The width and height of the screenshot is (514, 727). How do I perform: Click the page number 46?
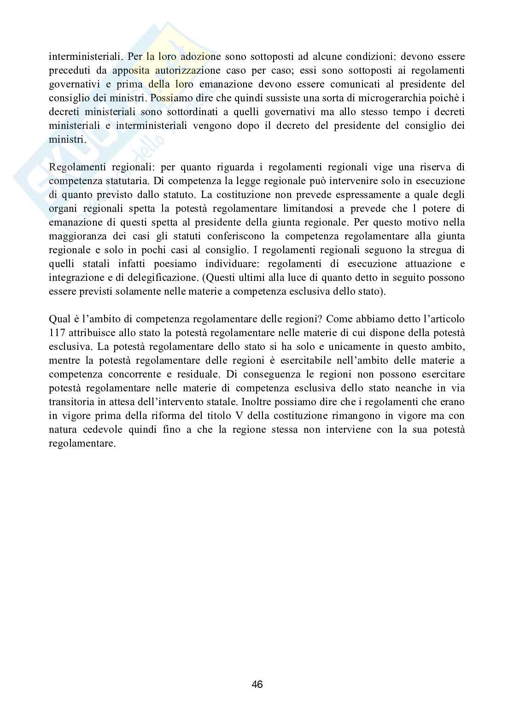point(257,684)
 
